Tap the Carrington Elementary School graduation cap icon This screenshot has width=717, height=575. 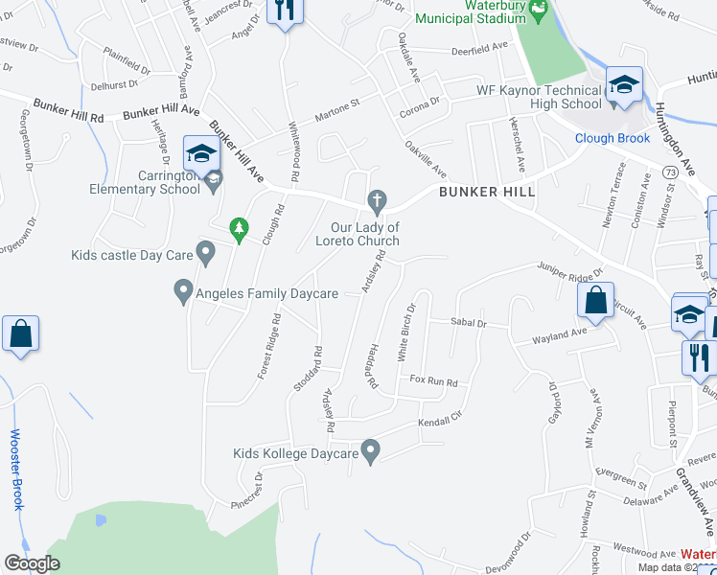(x=202, y=153)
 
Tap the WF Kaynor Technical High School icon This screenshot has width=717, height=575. (x=623, y=86)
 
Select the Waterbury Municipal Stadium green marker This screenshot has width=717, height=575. (x=538, y=11)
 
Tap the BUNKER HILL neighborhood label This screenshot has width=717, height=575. (x=487, y=193)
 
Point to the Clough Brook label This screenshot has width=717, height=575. (x=613, y=138)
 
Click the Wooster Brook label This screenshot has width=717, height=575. (x=16, y=483)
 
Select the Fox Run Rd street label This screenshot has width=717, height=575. (x=434, y=381)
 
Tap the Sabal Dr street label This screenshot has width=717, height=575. (x=469, y=324)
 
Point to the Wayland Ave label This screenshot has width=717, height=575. (x=560, y=336)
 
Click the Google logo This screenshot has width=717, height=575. (x=31, y=563)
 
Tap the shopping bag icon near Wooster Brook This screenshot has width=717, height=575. (x=20, y=334)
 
